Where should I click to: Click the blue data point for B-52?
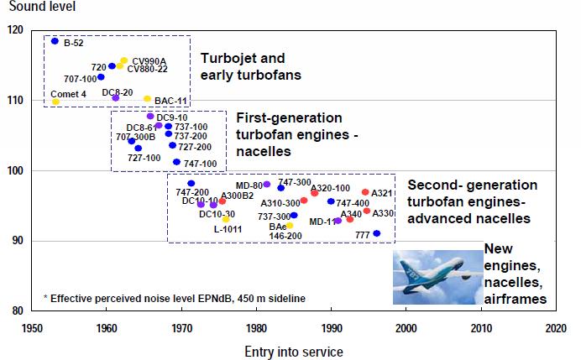[55, 41]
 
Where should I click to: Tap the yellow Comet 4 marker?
[55, 102]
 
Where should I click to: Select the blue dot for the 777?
[376, 233]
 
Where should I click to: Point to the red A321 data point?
[365, 192]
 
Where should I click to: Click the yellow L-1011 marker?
[226, 219]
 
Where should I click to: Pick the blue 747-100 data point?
[176, 162]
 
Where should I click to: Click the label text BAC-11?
[170, 102]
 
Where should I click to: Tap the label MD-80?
[249, 185]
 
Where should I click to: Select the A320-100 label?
[330, 188]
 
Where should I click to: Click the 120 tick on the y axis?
[15, 30]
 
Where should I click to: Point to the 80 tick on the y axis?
[18, 311]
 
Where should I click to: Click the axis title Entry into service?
[293, 349]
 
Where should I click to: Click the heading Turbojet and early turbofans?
[250, 67]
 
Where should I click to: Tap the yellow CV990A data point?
[124, 61]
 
